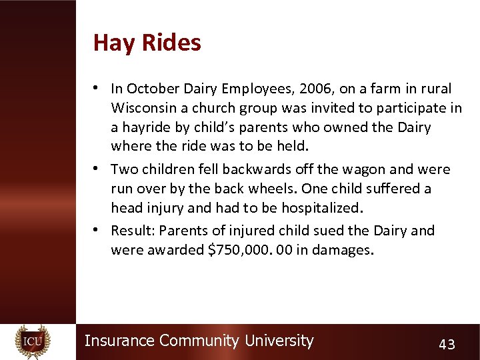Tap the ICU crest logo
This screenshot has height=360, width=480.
coord(33,341)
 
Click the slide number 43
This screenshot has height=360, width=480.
coord(447,344)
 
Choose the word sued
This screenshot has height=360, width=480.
coord(339,231)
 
